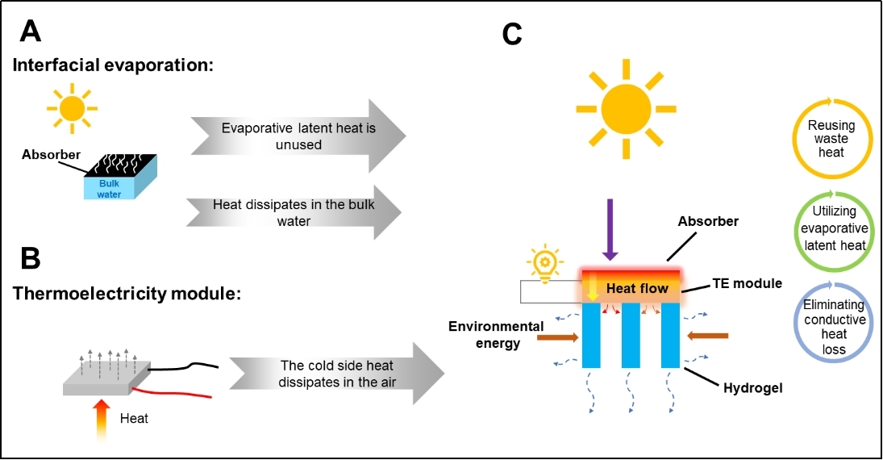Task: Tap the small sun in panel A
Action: pos(72,108)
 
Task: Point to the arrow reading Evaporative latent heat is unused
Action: pos(298,136)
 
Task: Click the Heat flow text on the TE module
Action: pos(637,288)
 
